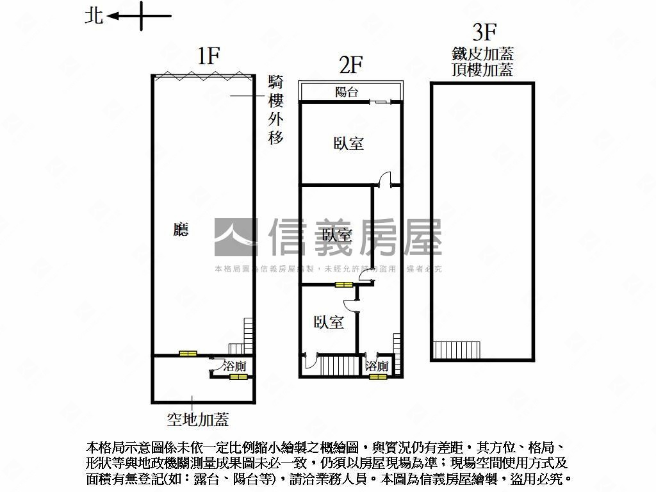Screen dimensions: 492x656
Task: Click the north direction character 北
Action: tap(94, 16)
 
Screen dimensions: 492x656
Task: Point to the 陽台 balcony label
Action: tap(347, 92)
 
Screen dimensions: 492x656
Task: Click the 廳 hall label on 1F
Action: tap(181, 229)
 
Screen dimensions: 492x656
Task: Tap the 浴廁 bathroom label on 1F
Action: tap(233, 366)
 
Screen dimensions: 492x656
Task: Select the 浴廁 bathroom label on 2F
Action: tap(377, 366)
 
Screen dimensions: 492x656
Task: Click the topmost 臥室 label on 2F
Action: tap(348, 143)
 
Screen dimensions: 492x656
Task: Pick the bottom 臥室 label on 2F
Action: tap(329, 322)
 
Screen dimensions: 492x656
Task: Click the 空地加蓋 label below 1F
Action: tap(198, 420)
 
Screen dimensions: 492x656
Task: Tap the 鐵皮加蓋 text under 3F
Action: tap(482, 54)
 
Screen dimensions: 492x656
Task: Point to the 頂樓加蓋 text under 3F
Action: tap(482, 69)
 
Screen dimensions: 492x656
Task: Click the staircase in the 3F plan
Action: tap(457, 350)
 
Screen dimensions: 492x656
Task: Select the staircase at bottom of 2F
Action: tap(333, 366)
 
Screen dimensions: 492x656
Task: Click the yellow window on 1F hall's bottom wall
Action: tap(188, 354)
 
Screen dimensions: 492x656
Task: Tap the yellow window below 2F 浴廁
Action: tap(378, 377)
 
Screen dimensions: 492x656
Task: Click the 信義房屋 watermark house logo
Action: tap(236, 237)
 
